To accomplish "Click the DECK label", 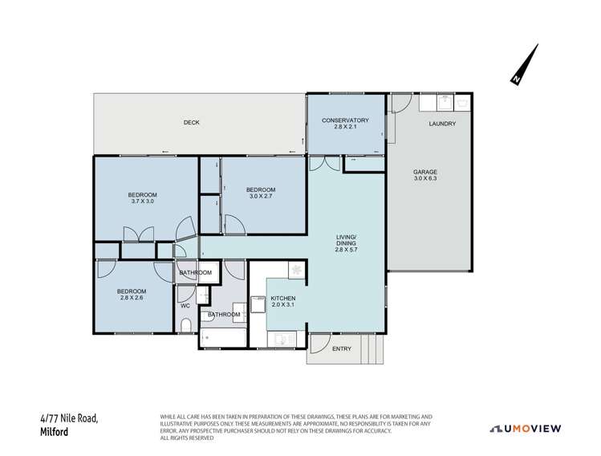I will tap(191, 123).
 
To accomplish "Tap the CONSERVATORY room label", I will tap(345, 124).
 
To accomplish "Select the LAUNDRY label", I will tap(442, 124).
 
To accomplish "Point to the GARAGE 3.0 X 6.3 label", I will tap(425, 176).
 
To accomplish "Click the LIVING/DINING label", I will tap(345, 243).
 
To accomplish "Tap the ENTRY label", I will tap(341, 348).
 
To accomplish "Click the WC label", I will tap(185, 306).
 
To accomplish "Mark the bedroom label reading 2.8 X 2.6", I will tap(132, 295).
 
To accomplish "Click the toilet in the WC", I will tap(185, 325).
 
